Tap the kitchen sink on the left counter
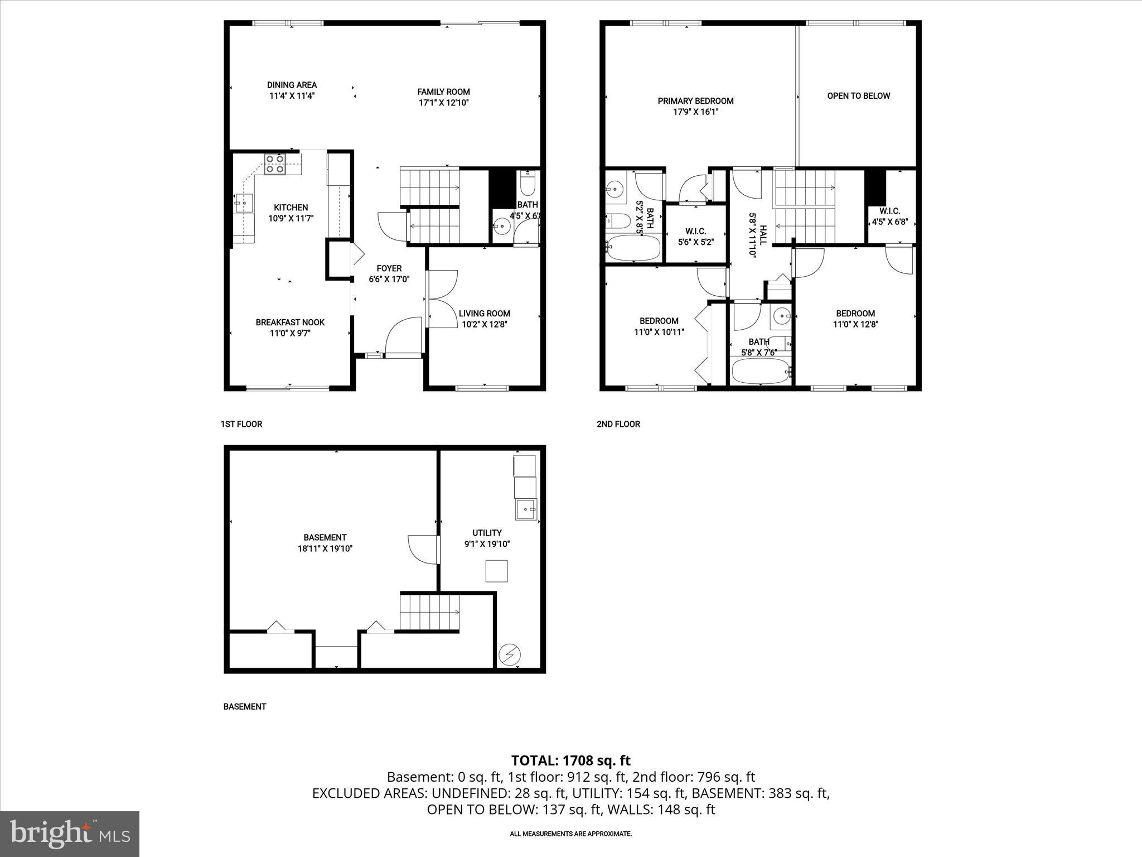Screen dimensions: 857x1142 [x=244, y=203]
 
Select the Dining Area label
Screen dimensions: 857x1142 [x=292, y=85]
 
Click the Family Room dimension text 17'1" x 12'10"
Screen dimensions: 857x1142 [x=443, y=103]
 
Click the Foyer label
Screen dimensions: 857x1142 [x=389, y=268]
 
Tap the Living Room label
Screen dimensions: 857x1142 [x=484, y=314]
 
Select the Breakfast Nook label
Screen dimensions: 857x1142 [x=290, y=322]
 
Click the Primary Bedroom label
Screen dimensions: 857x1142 [x=695, y=101]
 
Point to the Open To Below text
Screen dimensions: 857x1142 [x=858, y=96]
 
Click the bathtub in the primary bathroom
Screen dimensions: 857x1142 [x=633, y=249]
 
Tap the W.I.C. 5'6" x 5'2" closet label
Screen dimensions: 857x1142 [x=695, y=231]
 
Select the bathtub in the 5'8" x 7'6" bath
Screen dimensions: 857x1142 [x=760, y=371]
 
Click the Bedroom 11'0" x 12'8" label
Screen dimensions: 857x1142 [x=855, y=314]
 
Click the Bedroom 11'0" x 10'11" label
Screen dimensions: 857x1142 [x=659, y=321]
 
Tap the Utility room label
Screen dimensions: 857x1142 [x=487, y=533]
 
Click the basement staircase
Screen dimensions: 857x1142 [x=429, y=612]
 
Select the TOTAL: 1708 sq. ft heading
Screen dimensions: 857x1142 [x=570, y=760]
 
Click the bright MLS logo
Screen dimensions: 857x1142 [x=70, y=834]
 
